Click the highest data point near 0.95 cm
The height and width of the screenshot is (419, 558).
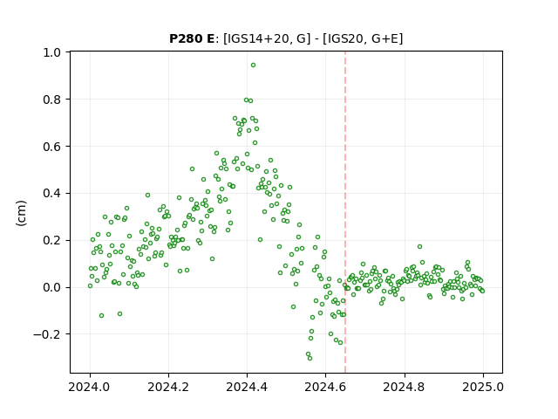tap(253, 65)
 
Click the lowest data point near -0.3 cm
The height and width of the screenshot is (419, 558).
tap(310, 358)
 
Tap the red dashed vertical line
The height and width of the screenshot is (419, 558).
tap(345, 212)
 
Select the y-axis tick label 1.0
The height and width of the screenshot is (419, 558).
tap(52, 52)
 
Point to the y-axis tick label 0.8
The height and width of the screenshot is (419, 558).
tap(52, 100)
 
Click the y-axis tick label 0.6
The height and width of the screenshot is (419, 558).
tap(52, 147)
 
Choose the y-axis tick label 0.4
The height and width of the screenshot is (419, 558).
tap(52, 194)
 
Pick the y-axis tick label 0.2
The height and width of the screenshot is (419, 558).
tap(52, 241)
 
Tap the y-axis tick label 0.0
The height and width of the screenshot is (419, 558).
tap(52, 287)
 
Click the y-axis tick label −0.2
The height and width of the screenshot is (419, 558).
tap(47, 334)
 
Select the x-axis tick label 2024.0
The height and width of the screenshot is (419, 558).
tap(90, 387)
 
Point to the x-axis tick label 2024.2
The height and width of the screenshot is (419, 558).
tap(168, 387)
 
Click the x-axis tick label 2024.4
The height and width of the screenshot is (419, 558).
tap(247, 387)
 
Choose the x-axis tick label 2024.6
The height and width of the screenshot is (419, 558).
tap(325, 387)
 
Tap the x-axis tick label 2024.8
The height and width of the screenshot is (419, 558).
tap(405, 387)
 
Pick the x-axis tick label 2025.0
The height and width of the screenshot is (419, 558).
tap(483, 387)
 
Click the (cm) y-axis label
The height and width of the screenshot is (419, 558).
tap(21, 213)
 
